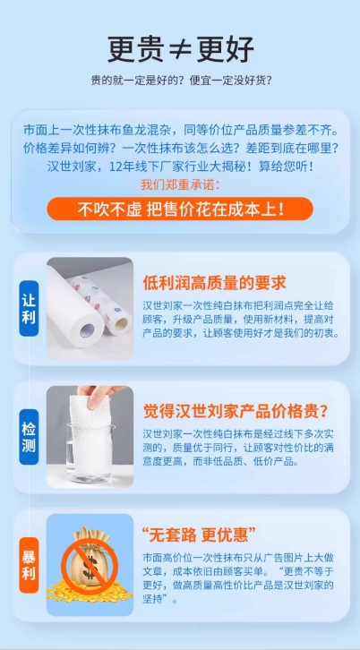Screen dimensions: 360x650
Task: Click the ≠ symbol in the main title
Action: (180, 50)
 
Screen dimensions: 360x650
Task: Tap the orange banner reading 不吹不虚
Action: (180, 209)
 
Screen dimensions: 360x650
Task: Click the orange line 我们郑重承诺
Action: (180, 184)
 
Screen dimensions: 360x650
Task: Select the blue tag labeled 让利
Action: (29, 308)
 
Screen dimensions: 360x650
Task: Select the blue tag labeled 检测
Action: (29, 437)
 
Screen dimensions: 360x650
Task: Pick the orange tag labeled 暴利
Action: (29, 565)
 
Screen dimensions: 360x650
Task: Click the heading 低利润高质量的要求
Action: (215, 283)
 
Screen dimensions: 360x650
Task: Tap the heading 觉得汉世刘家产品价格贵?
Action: (236, 412)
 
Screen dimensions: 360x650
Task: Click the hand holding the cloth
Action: (99, 394)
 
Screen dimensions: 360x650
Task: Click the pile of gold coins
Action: (90, 591)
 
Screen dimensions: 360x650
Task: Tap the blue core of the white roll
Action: (87, 330)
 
